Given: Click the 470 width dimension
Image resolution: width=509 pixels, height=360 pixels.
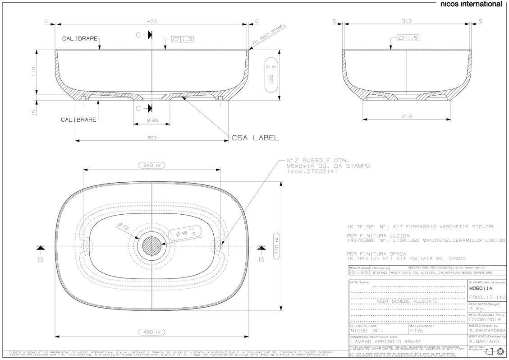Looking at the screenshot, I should [152, 21].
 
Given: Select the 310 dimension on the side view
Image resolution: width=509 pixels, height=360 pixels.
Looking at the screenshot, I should [408, 21].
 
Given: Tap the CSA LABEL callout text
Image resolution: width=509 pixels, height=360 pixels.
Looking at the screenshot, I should [255, 138].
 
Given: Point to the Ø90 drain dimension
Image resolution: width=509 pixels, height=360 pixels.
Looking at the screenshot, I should [152, 120].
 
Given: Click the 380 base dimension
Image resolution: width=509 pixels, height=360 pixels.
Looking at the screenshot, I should [152, 138].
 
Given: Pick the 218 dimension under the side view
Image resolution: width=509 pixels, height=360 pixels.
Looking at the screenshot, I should [408, 116].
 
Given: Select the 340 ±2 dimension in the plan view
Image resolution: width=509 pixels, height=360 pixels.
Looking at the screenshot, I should [152, 166].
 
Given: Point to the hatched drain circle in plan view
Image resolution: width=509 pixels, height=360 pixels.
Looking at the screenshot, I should [152, 247].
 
